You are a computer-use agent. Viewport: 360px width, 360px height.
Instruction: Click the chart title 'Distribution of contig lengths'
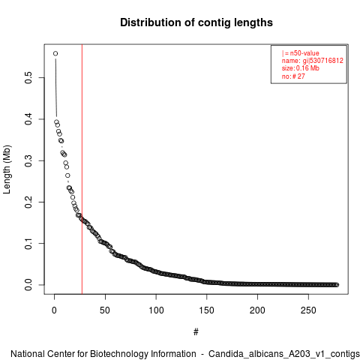click(x=196, y=22)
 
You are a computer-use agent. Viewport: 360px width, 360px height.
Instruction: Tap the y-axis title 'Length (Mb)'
click(x=7, y=169)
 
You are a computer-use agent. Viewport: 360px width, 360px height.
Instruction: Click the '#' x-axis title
click(x=196, y=332)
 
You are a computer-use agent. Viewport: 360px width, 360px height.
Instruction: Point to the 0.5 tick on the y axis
click(x=28, y=78)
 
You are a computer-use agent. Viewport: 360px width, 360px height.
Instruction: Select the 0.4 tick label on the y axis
click(x=28, y=119)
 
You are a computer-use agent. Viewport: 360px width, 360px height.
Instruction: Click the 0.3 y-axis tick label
click(x=28, y=160)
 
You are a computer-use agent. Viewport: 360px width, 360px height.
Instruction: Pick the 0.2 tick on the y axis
click(x=28, y=202)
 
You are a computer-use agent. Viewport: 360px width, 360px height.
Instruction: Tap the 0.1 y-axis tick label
click(x=28, y=244)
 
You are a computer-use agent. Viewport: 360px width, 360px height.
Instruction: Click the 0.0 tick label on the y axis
click(x=28, y=285)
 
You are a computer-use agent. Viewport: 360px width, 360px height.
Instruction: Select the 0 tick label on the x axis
click(x=54, y=310)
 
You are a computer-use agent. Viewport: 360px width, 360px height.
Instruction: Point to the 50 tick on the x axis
click(x=105, y=310)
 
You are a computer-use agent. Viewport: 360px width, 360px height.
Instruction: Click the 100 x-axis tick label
click(x=156, y=310)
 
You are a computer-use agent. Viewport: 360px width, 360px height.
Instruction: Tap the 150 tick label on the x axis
click(x=207, y=310)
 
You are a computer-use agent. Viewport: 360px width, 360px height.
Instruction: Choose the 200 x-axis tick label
click(x=257, y=310)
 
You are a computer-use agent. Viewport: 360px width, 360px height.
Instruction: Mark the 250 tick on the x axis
click(x=308, y=310)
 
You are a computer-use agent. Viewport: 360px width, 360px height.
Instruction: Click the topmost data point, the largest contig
click(x=55, y=53)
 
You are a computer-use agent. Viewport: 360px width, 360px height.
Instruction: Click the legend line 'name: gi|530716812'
click(x=313, y=61)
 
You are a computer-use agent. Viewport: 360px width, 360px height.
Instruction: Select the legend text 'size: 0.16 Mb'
click(x=301, y=68)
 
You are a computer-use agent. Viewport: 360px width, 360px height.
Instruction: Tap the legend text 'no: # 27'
click(x=293, y=76)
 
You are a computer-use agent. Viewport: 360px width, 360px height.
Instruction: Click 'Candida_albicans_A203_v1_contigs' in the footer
click(x=284, y=354)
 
